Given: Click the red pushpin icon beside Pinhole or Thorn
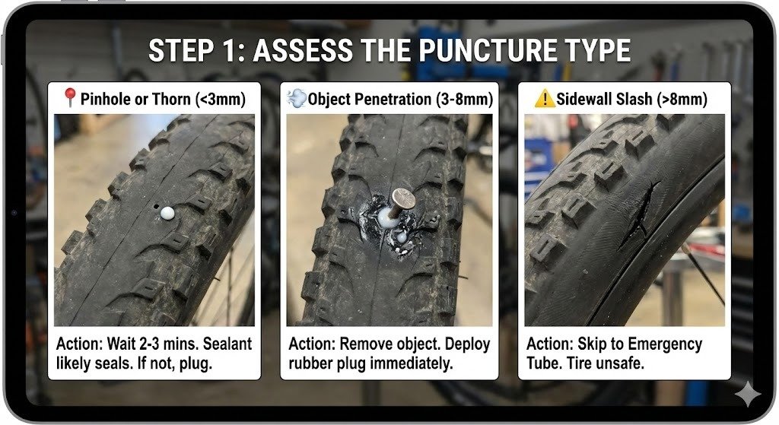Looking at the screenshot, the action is point(69,97).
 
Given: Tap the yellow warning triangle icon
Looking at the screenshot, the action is point(545,98).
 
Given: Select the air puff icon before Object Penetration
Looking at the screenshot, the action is point(297,98).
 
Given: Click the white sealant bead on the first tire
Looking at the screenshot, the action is point(167,213).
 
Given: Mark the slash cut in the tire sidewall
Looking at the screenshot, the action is point(638,214).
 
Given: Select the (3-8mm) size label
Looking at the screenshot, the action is point(465,100).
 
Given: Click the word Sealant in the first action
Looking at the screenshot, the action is point(227,344).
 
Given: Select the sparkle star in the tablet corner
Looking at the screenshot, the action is point(748,394).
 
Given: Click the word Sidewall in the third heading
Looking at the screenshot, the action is point(582,100).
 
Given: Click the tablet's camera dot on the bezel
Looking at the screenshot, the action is point(14,213).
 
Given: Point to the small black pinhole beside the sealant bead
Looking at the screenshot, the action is point(157,206).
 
